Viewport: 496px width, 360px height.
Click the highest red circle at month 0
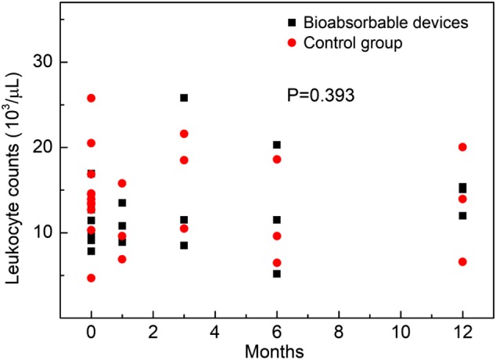(x=92, y=98)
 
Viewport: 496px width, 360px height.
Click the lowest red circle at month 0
(x=92, y=278)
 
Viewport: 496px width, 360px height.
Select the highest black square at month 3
(x=184, y=98)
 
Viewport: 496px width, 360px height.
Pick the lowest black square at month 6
(x=277, y=273)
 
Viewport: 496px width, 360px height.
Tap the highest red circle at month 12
(x=462, y=147)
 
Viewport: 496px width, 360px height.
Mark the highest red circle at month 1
(x=122, y=183)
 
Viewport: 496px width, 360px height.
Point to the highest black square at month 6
(x=277, y=145)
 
